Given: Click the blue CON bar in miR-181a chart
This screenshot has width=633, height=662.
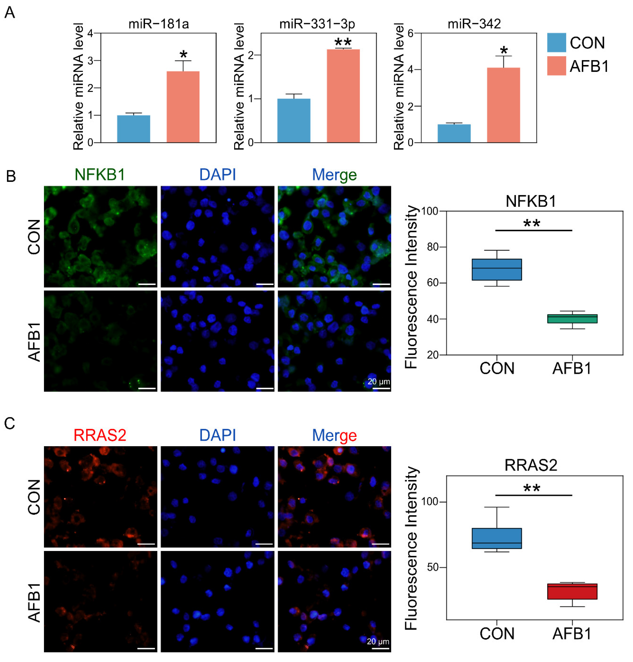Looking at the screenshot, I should pyautogui.click(x=134, y=129).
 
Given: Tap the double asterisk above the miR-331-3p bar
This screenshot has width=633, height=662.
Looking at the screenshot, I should pyautogui.click(x=343, y=43).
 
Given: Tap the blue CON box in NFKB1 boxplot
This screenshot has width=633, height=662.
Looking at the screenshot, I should pyautogui.click(x=497, y=269).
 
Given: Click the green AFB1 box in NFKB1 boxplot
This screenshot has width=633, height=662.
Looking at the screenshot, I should pyautogui.click(x=572, y=319).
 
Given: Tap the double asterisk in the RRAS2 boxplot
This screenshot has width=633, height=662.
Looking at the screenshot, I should pyautogui.click(x=532, y=488).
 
